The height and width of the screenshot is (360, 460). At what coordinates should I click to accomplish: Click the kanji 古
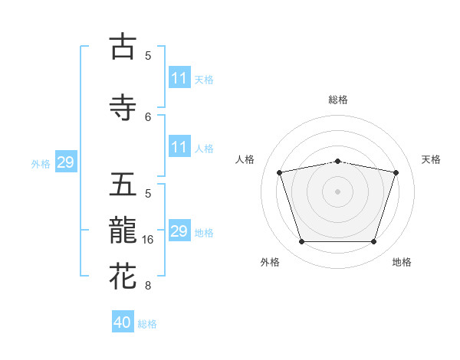123,47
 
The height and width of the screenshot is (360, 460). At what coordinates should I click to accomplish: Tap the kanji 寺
123,107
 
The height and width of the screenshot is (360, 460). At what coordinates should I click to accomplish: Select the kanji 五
123,185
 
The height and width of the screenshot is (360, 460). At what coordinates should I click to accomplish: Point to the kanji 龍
123,231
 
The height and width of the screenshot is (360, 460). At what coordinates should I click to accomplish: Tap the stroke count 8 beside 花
148,286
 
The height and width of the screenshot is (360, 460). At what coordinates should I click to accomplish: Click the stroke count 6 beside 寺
148,116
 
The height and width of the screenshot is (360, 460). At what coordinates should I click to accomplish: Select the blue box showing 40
123,322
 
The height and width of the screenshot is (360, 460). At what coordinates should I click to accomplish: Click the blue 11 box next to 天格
179,78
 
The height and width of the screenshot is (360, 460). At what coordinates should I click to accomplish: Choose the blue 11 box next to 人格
179,147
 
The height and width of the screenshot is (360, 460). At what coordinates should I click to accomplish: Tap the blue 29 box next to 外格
65,162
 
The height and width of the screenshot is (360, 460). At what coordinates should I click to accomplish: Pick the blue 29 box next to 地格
179,231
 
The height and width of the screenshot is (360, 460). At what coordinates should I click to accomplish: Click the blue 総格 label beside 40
147,324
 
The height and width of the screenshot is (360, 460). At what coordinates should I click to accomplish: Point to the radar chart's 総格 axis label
338,100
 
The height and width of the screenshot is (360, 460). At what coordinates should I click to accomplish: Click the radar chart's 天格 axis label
432,159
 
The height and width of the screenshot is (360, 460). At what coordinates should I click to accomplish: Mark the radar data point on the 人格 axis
280,172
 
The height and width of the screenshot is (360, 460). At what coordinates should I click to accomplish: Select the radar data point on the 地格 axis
373,242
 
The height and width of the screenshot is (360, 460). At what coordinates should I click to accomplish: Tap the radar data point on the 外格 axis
301,242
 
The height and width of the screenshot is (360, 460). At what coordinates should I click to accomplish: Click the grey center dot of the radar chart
337,191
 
